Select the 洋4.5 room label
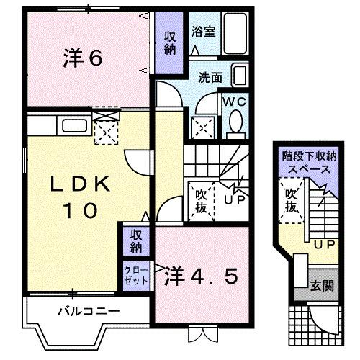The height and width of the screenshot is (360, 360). point(201,276)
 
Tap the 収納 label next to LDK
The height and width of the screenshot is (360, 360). point(135,241)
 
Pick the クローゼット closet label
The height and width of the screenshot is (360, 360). point(135,274)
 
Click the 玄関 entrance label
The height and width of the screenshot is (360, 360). point(323,286)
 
